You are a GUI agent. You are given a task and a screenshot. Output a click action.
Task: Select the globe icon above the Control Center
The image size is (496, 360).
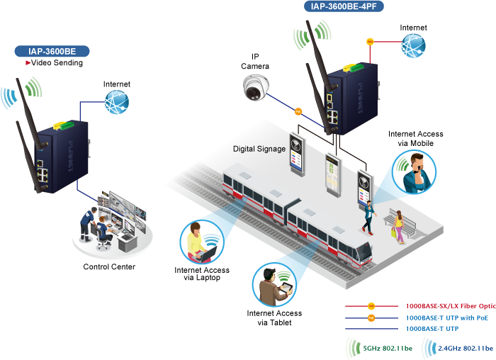click(117, 103)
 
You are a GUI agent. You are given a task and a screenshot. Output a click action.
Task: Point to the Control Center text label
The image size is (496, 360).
click(109, 267)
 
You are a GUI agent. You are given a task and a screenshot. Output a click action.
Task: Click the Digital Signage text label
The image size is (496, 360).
click(259, 149)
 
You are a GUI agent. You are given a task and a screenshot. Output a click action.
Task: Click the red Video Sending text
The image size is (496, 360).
click(57, 63)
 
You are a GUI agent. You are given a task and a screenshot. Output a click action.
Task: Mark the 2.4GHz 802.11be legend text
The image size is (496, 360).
click(466, 349)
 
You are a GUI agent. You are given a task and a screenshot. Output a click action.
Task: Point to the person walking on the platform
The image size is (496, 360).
click(368, 216)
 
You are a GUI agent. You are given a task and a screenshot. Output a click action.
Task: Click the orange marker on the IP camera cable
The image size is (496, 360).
click(298, 111)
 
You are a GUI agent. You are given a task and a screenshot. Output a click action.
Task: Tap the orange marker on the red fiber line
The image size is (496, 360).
click(369, 41)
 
